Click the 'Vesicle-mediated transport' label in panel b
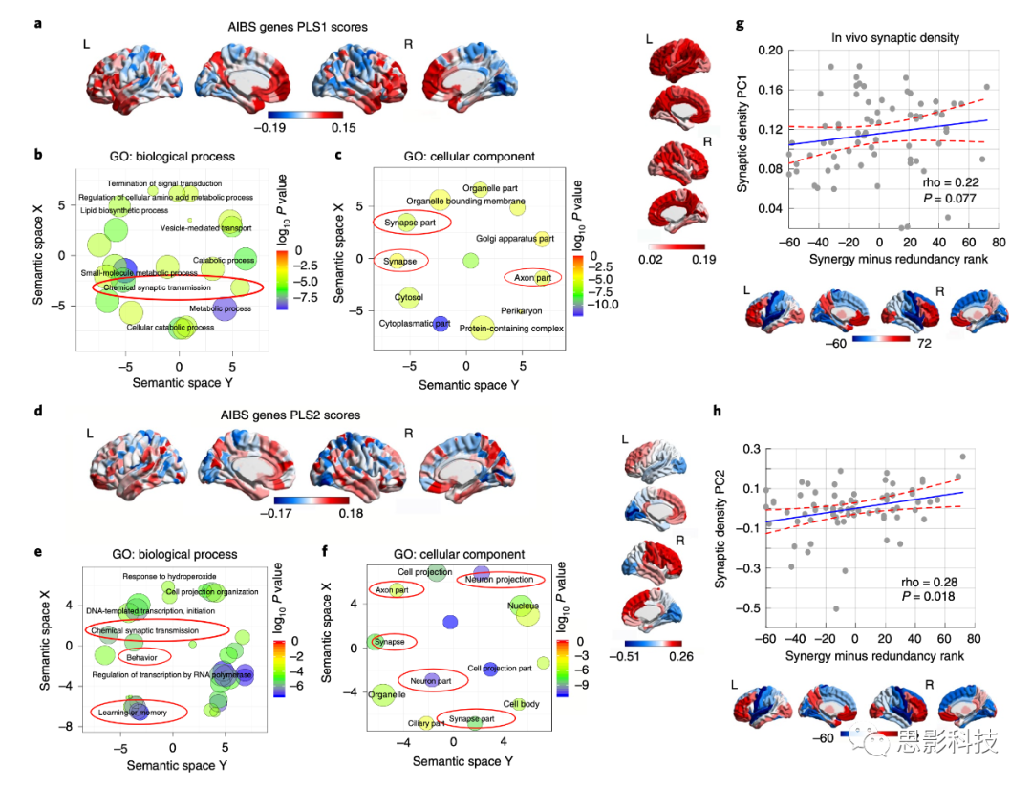click(x=205, y=228)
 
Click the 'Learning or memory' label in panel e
click(x=133, y=713)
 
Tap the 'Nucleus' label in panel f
click(x=522, y=606)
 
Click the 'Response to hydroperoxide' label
click(x=169, y=576)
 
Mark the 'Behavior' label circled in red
click(x=143, y=657)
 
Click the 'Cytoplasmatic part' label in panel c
click(x=412, y=323)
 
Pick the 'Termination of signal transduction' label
click(x=164, y=183)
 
